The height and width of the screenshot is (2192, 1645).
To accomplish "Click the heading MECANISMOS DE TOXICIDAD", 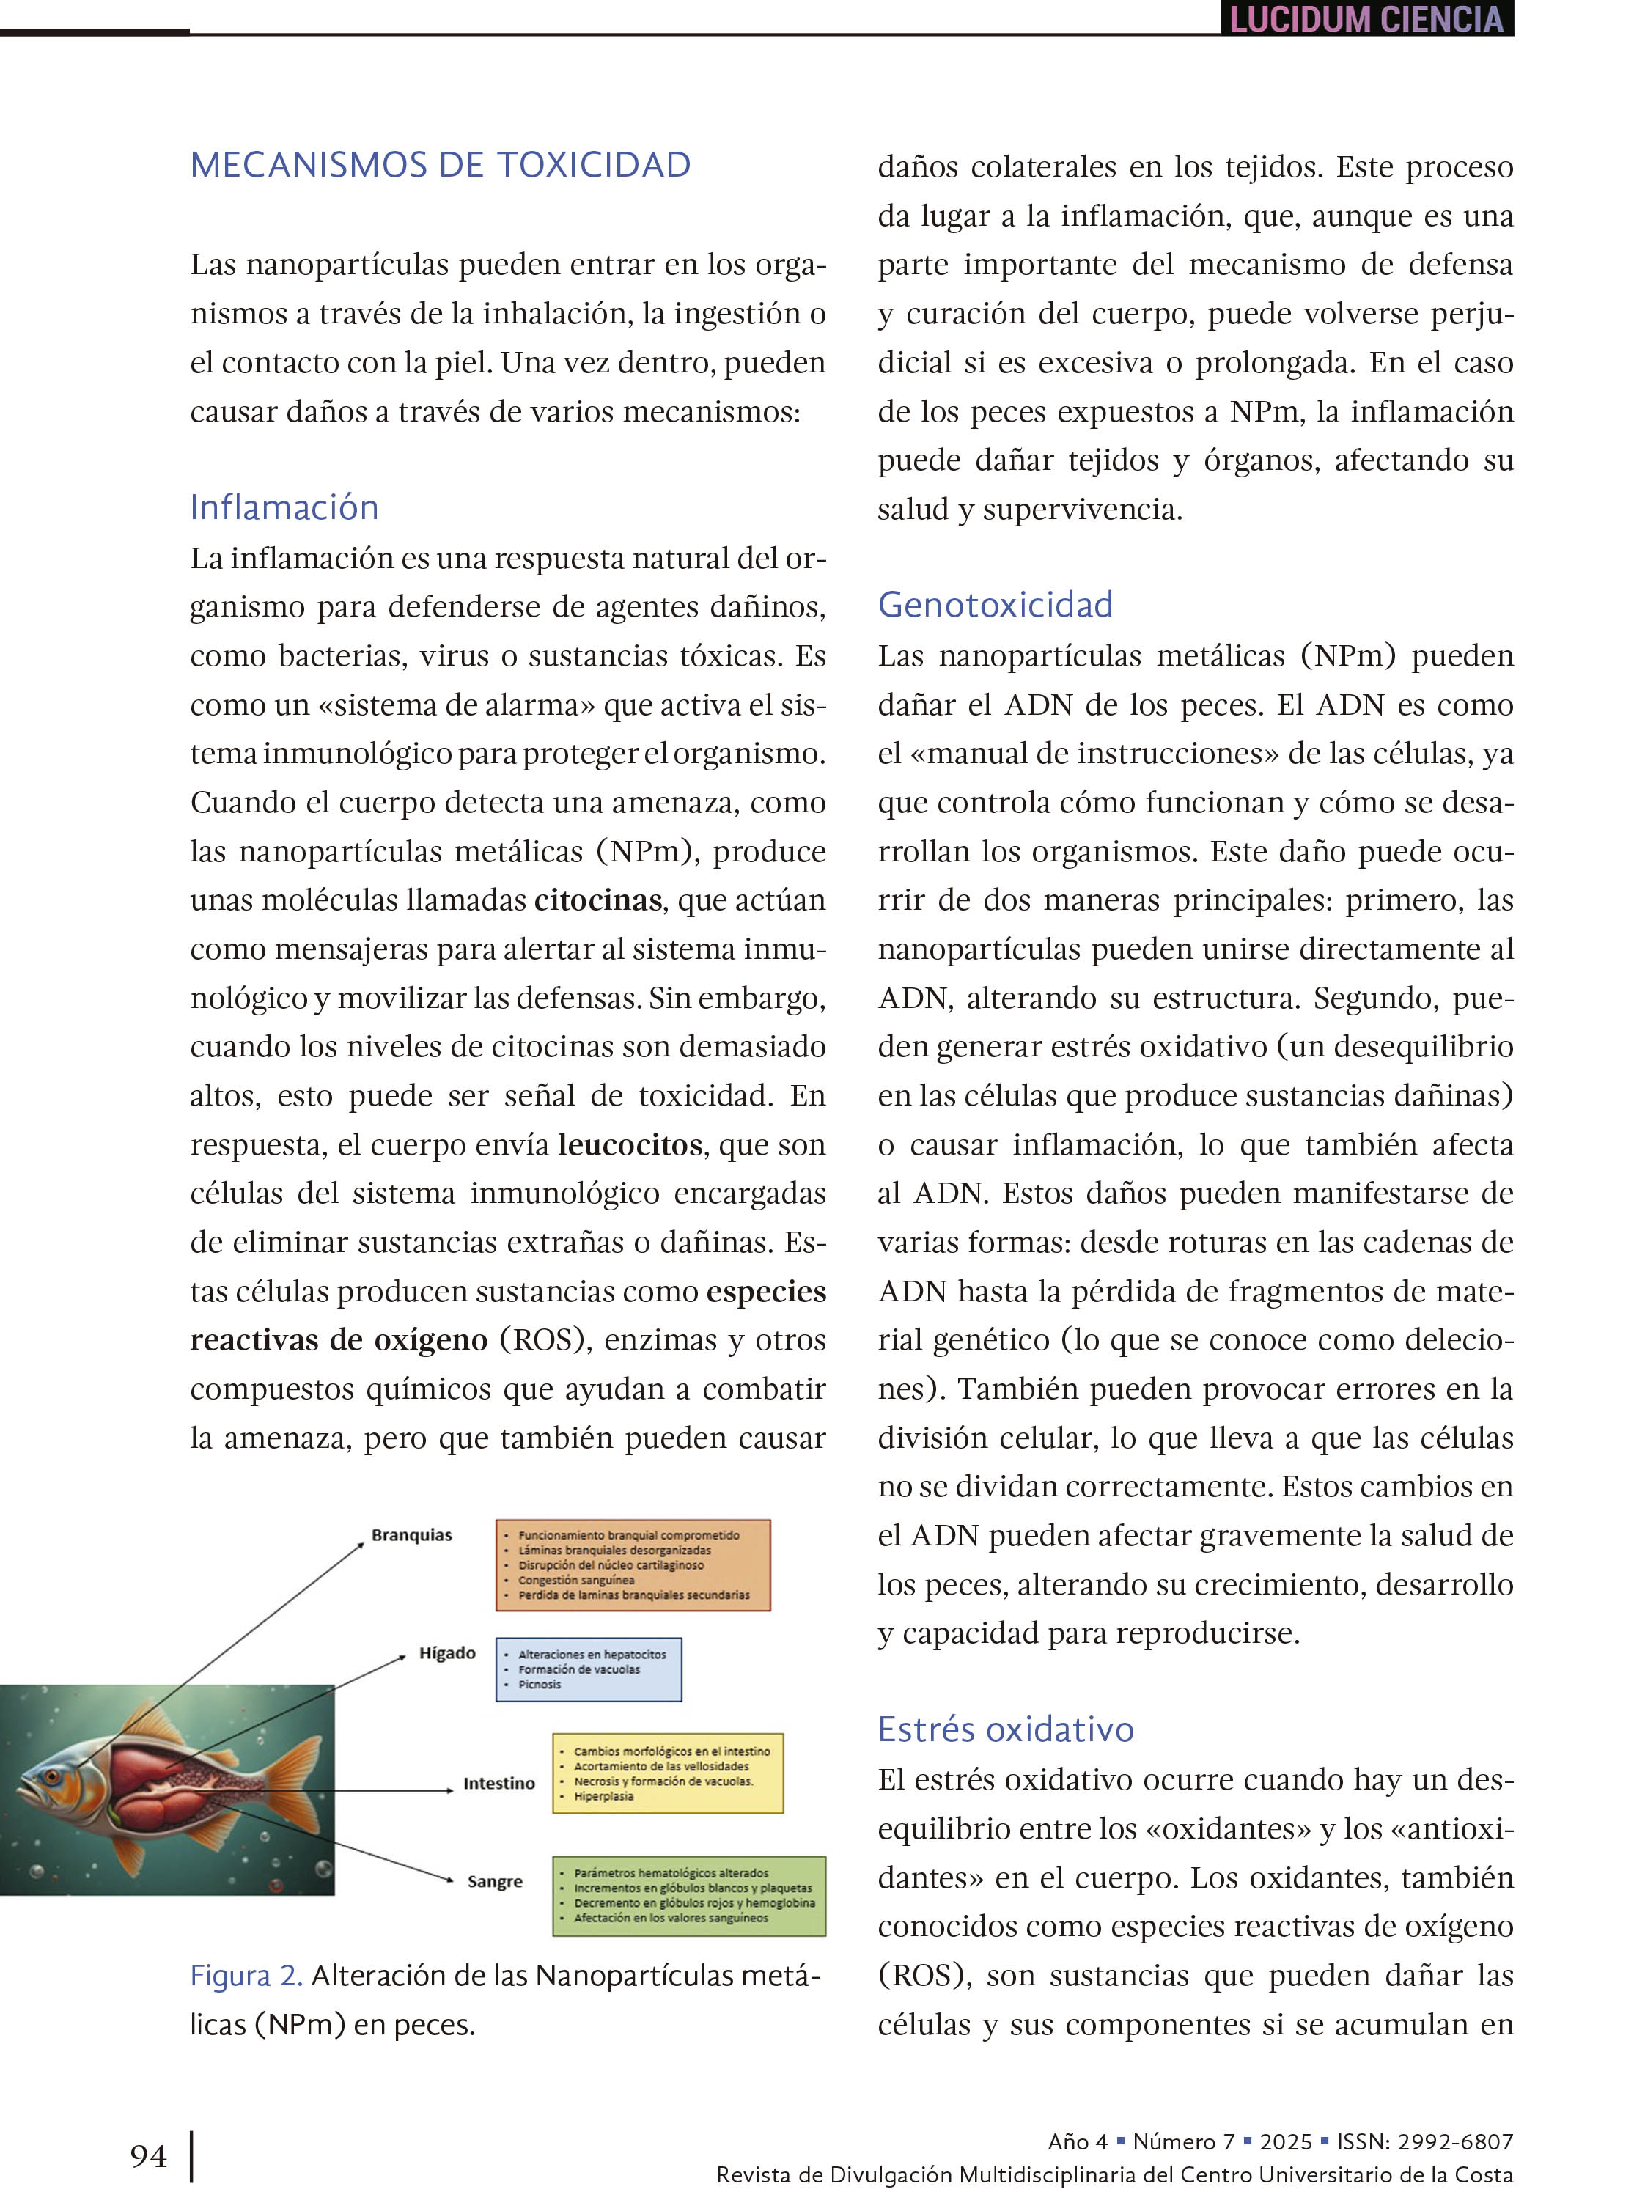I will [440, 164].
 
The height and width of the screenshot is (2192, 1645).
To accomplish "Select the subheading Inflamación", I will [284, 507].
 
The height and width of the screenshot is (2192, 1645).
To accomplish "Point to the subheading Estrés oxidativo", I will [1005, 1729].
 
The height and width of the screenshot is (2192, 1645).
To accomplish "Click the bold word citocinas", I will [597, 900].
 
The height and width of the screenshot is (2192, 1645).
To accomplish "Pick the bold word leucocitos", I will [630, 1144].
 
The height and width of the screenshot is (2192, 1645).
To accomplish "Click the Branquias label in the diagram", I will [411, 1535].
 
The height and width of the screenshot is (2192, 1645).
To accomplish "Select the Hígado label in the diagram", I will [447, 1653].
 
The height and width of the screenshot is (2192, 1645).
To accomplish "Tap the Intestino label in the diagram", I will [498, 1783].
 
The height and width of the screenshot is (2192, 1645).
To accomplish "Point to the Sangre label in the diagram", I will [495, 1881].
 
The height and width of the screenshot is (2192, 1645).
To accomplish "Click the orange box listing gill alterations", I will [632, 1564].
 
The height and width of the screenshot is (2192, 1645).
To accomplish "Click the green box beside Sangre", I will [689, 1896].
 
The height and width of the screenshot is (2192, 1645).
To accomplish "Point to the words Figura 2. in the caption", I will [246, 1976].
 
